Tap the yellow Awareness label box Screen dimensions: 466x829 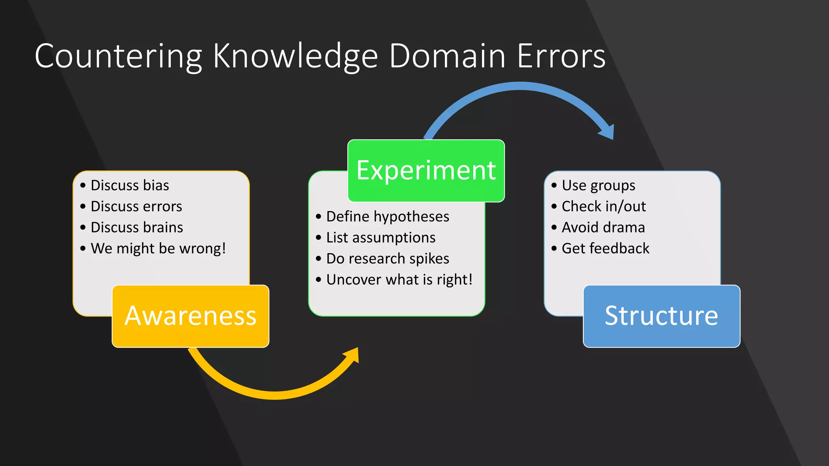(x=190, y=316)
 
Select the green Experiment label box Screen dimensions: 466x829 (x=426, y=170)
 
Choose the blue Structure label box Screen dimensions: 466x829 (x=661, y=316)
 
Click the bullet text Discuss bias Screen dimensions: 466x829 (x=130, y=185)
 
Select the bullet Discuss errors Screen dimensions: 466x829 (x=136, y=206)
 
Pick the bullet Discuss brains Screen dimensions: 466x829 (x=136, y=227)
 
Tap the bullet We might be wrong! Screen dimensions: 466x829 (x=158, y=248)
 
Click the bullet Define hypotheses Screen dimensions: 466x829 (x=387, y=217)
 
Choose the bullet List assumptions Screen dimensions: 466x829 (x=380, y=238)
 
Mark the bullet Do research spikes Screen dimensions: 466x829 (x=387, y=259)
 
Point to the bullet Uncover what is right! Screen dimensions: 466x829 (x=399, y=280)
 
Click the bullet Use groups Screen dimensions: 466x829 (x=598, y=185)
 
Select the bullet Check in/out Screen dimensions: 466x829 (x=604, y=206)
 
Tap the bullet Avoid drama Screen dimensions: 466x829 (x=603, y=227)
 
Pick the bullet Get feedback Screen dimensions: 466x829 (x=605, y=248)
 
